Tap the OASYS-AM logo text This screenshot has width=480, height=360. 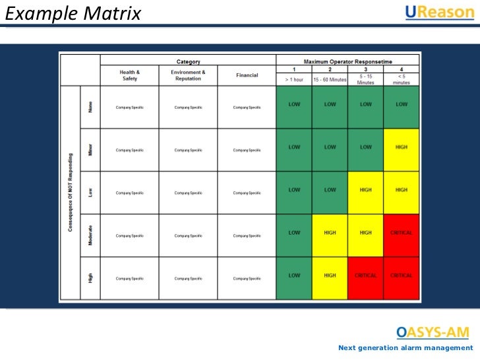coord(433,332)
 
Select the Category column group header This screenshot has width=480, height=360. coord(189,61)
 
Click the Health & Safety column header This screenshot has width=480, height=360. coord(129,75)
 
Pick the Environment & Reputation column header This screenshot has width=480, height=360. coord(188,75)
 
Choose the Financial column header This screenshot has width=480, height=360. coord(247,75)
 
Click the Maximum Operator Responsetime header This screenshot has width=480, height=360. coord(348,61)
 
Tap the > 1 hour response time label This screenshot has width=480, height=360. coord(294,80)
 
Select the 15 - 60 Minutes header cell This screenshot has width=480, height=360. coord(330,80)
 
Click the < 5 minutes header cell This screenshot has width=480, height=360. coord(401,80)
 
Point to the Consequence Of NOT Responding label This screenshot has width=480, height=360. coord(70,193)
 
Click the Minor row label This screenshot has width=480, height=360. coord(90,150)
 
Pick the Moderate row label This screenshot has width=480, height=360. coord(90,235)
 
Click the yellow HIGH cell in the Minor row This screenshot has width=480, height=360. coord(401,148)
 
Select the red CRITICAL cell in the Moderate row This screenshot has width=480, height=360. coord(401,233)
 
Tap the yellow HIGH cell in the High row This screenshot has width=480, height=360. coord(330,276)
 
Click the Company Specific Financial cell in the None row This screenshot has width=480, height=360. coord(247,107)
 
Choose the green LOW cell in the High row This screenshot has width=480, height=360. coord(294,276)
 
